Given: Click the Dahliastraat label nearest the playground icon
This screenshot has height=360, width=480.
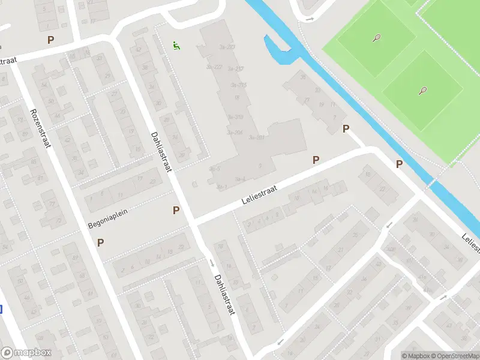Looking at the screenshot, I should [161, 152].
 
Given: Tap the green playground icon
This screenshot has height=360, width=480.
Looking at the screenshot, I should [176, 45].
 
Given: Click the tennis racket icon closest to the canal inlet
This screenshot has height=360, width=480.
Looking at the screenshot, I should [376, 38].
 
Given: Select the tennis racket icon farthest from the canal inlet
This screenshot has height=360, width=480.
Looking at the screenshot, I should [422, 91].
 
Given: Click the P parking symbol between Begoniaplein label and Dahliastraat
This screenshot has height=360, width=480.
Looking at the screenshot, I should [176, 210].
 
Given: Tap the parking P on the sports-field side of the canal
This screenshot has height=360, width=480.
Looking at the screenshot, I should [399, 164].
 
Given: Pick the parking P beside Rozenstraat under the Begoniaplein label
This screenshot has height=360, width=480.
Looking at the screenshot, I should [100, 243].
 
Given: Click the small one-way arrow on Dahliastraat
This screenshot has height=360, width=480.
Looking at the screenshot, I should [211, 262].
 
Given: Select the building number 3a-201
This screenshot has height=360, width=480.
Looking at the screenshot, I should [256, 138].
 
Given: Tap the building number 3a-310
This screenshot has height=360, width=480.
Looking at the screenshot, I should [236, 117].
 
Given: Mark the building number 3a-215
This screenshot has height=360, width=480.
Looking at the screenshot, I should [239, 85].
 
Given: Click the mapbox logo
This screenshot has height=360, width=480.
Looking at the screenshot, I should [26, 353].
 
